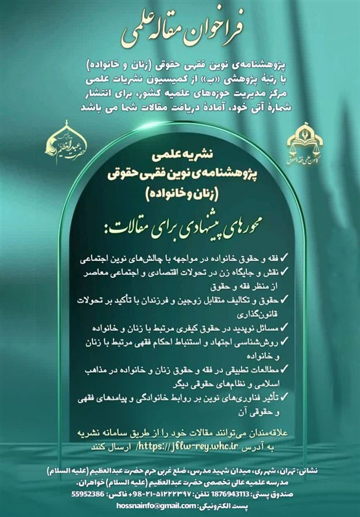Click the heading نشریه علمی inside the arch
[180, 156]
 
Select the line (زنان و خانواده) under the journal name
[180, 191]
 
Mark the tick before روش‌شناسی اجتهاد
[289, 342]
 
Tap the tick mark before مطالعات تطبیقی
[289, 370]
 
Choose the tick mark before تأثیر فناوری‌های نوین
[289, 397]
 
